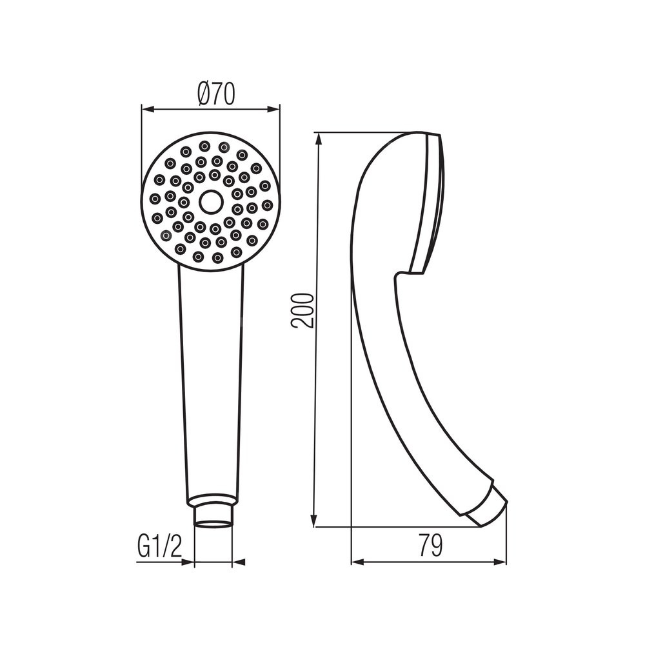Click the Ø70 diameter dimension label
click(x=215, y=94)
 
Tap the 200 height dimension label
click(x=302, y=311)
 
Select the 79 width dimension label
click(x=431, y=545)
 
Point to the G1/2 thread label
click(x=159, y=545)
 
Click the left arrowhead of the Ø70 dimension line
click(x=147, y=110)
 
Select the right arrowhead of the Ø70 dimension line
click(x=273, y=110)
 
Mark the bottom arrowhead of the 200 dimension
click(x=315, y=520)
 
